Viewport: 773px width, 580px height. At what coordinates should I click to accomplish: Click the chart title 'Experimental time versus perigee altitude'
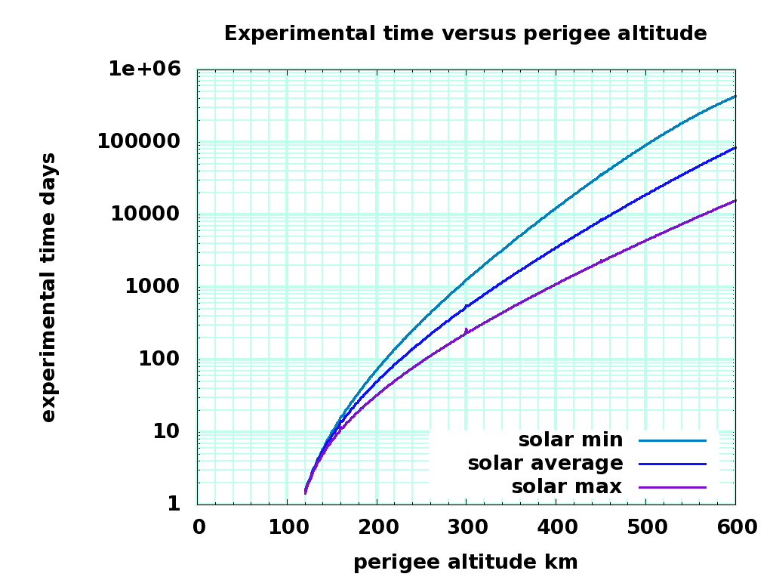coord(465,33)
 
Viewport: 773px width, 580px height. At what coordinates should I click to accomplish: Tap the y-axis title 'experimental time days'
coord(48,287)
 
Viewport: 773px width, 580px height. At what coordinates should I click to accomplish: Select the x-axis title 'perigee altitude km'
coord(465,562)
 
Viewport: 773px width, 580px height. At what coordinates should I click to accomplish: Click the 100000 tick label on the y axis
coord(139,142)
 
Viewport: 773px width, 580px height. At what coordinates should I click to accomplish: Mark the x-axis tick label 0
coord(199,527)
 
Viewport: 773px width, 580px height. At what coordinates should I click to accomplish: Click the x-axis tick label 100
coord(287,527)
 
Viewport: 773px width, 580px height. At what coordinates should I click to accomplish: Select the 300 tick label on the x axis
coord(466,527)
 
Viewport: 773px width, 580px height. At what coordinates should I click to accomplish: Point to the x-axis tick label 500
coord(645,527)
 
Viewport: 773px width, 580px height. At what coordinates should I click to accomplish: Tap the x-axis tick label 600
coord(735,527)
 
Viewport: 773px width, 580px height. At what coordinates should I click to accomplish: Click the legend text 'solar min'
coord(570,440)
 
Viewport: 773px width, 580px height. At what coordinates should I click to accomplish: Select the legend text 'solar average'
coord(545,463)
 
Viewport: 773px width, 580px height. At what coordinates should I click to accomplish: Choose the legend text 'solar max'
coord(566,486)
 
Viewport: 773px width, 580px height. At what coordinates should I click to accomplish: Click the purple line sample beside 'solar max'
coord(672,487)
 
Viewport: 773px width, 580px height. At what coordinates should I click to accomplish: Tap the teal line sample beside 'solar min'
coord(672,440)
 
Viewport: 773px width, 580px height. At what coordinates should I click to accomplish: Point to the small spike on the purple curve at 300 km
coord(466,330)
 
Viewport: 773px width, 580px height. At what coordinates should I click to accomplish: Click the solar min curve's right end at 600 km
coord(735,97)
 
